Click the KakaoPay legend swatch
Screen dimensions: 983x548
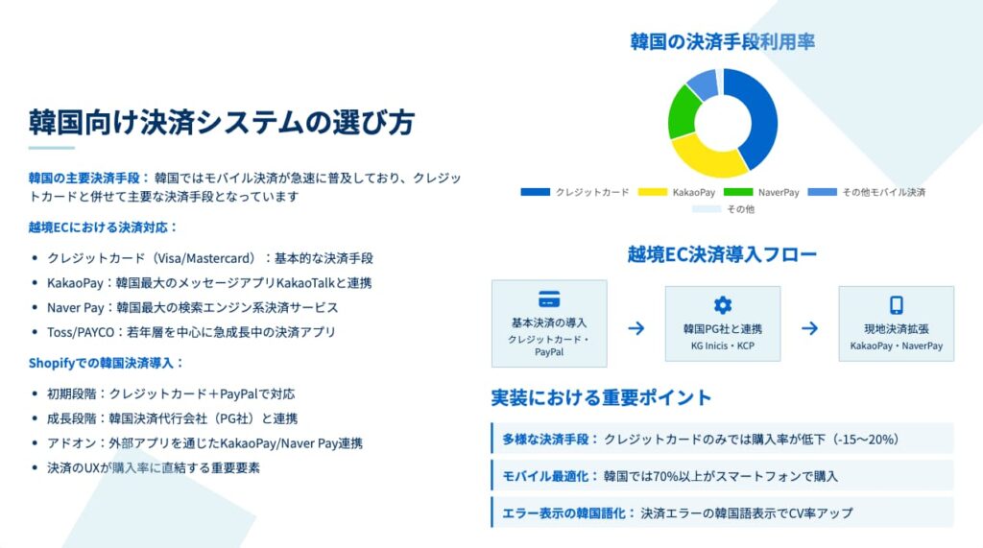tap(652, 192)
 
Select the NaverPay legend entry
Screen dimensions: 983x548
tap(761, 192)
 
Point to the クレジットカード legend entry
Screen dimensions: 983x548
tap(574, 192)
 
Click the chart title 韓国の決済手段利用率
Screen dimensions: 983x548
tap(722, 42)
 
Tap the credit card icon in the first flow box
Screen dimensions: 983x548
tap(549, 299)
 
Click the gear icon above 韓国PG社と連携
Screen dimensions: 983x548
tap(723, 305)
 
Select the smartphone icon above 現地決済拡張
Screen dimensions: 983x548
tap(897, 305)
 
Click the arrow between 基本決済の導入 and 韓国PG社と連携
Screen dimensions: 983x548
tap(636, 328)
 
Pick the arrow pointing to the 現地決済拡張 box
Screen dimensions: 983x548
tap(809, 328)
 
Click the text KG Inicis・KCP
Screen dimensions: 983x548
tap(723, 345)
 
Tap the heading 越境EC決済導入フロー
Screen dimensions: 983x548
tap(722, 254)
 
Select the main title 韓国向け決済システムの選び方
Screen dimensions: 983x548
tap(222, 122)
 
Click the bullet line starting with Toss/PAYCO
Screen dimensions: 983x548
tap(191, 332)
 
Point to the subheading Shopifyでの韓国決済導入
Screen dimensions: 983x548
tap(106, 363)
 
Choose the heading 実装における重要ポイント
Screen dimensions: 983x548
tap(601, 397)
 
